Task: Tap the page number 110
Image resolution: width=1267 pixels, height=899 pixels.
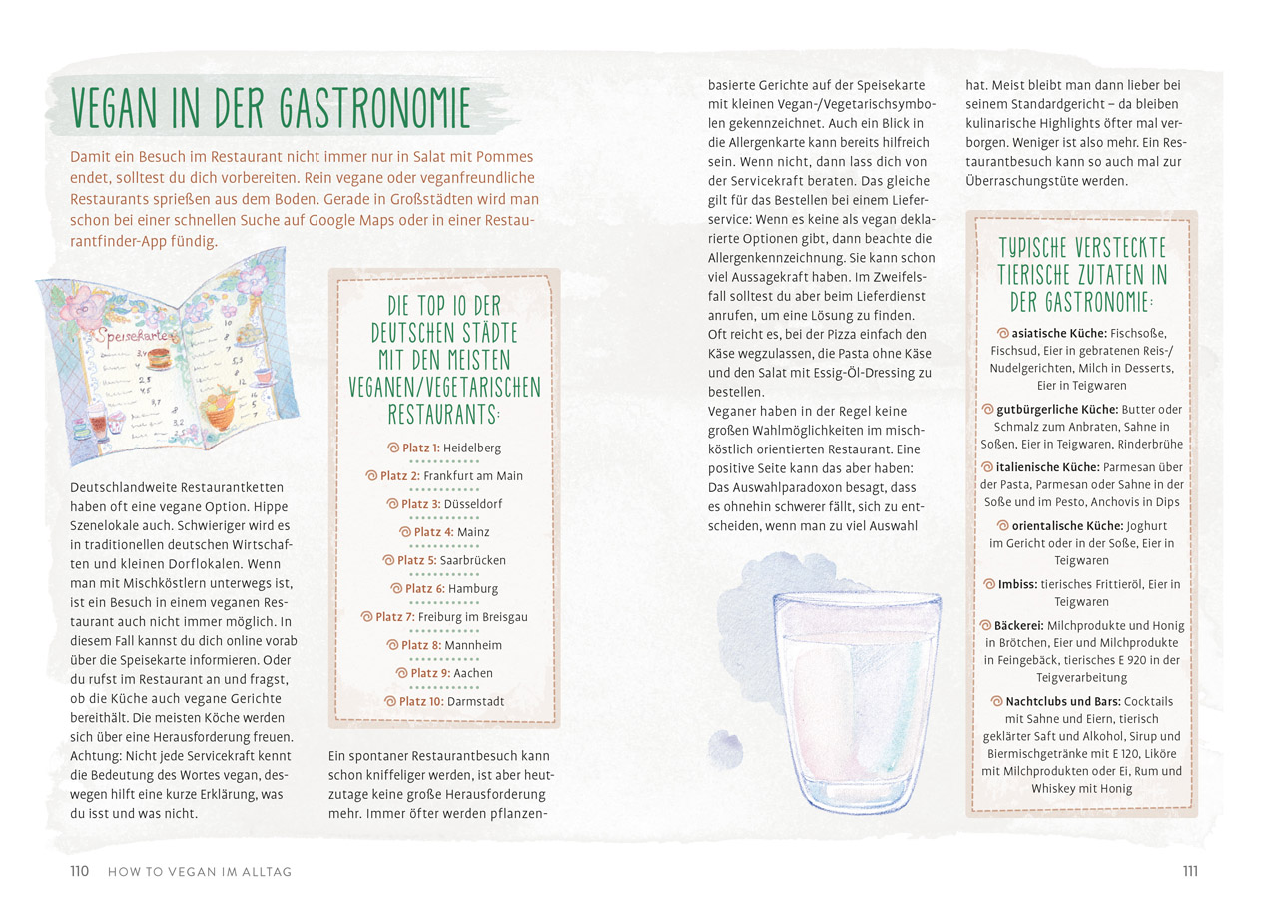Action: pos(79,871)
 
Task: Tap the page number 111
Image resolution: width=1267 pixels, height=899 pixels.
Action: pos(1189,871)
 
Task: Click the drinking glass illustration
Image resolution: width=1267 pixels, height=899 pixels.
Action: pos(859,694)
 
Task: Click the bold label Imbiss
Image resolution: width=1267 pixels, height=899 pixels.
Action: pos(1018,584)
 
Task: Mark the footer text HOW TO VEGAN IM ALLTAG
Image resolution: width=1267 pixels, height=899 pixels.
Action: pos(200,872)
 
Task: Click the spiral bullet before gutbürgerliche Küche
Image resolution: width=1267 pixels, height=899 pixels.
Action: pos(988,409)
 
